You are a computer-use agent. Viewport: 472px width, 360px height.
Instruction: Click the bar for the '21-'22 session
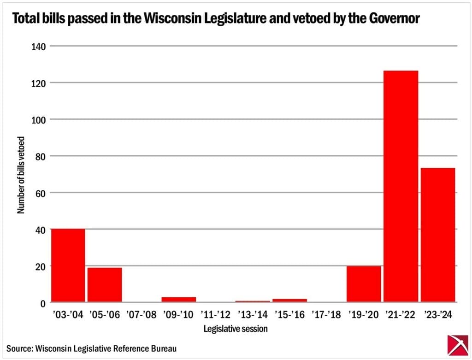(x=401, y=186)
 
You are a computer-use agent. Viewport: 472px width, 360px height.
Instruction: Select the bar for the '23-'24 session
(x=438, y=235)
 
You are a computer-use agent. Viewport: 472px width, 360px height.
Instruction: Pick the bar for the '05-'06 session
(x=105, y=284)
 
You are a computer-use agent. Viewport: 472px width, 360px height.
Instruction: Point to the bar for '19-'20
(x=364, y=284)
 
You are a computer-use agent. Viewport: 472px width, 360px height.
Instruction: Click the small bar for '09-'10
(x=178, y=300)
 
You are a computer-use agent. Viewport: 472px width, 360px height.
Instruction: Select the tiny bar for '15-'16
(x=289, y=301)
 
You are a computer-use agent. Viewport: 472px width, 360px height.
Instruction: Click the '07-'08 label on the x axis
(x=142, y=315)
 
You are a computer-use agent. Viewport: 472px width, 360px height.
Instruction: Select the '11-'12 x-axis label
(x=216, y=315)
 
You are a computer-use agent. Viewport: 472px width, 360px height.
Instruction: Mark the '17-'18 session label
(x=327, y=315)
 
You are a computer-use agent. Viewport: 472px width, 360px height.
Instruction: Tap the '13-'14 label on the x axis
(x=253, y=315)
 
